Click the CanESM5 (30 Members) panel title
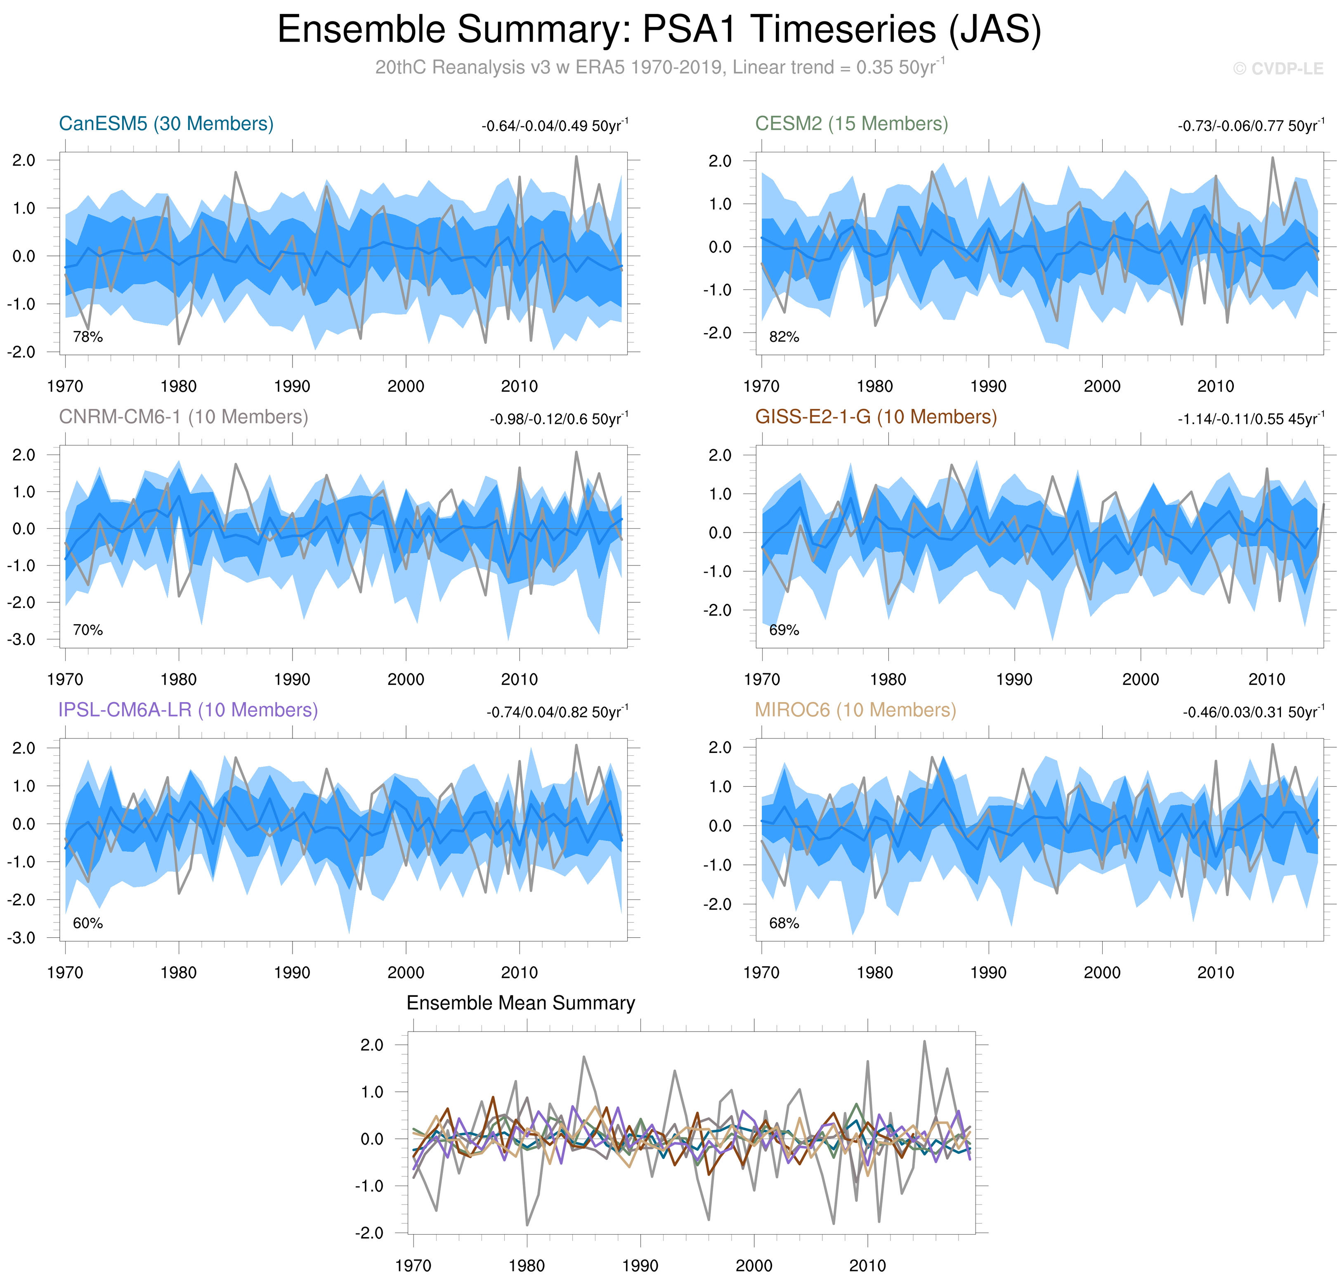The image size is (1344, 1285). pos(166,124)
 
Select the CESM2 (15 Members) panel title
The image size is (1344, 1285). pos(851,124)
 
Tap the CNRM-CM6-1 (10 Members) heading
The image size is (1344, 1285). pos(184,417)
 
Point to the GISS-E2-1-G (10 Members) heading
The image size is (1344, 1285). pos(876,417)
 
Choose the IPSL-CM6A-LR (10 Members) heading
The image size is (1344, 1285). pos(188,710)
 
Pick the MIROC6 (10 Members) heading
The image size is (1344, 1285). pos(855,710)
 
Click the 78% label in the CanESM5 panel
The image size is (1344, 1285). pos(87,337)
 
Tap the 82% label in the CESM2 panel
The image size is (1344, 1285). pos(784,337)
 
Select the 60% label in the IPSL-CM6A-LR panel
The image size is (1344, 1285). pos(87,923)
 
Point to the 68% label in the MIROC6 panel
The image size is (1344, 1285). pos(784,923)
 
